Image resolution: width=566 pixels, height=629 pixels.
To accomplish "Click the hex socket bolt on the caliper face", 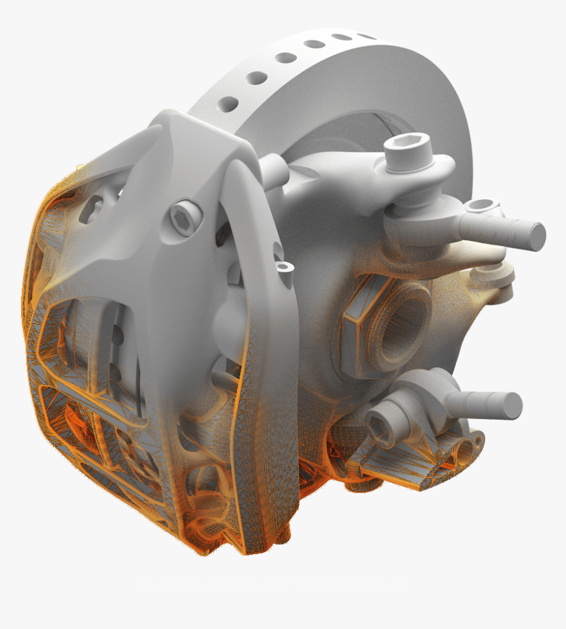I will pos(184,217).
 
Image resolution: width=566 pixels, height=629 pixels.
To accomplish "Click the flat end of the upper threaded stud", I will pos(536,236).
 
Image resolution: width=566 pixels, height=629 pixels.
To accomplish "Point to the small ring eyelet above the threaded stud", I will pos(483,207).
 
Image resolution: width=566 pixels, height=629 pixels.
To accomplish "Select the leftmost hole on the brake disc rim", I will pos(228,103).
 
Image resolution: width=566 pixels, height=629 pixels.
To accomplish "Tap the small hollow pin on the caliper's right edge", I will pos(284,268).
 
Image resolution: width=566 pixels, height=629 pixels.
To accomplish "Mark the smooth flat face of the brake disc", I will pos(434,99).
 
